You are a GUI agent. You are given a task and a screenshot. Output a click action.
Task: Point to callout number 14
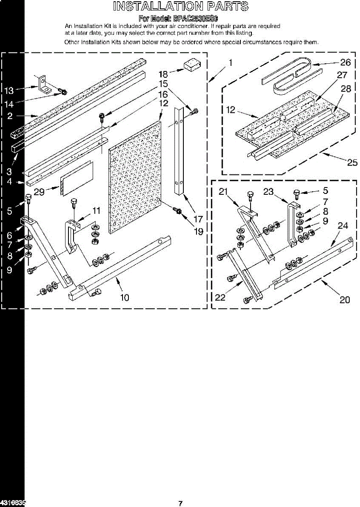[8, 103]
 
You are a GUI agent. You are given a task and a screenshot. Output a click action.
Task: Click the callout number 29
[39, 191]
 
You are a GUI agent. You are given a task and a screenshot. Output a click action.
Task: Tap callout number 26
[345, 63]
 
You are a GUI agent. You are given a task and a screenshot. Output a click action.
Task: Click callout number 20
[345, 300]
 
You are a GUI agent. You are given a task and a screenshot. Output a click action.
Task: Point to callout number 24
[343, 226]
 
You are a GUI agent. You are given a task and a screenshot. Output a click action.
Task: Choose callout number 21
[224, 191]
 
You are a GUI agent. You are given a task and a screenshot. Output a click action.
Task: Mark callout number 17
[198, 219]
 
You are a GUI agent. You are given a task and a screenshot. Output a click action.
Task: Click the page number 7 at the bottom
[180, 503]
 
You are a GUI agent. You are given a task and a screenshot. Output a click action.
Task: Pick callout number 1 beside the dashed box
[230, 63]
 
